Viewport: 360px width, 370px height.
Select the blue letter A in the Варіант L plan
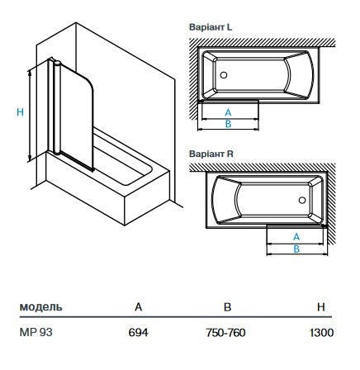point(228,111)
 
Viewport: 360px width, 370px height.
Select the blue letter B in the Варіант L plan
point(228,122)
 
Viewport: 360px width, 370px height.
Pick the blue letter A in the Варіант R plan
point(296,236)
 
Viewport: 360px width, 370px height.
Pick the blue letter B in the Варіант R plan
point(296,248)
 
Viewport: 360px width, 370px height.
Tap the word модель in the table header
point(40,306)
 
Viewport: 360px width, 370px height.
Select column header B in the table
point(227,306)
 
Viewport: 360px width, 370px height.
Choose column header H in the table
point(320,306)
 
